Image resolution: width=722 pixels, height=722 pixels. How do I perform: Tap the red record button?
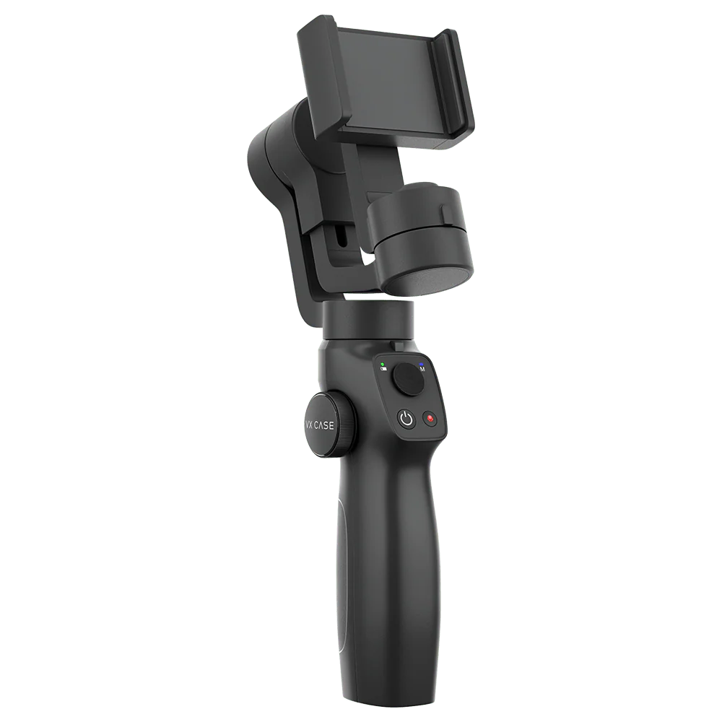pyautogui.click(x=430, y=419)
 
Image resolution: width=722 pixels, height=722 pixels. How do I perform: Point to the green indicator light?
pyautogui.click(x=383, y=364)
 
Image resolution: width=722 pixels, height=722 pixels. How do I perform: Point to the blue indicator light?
pyautogui.click(x=421, y=363)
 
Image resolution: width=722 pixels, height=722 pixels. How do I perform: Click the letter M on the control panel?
pyautogui.click(x=422, y=369)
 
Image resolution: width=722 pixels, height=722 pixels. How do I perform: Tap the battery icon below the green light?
pyautogui.click(x=383, y=369)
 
